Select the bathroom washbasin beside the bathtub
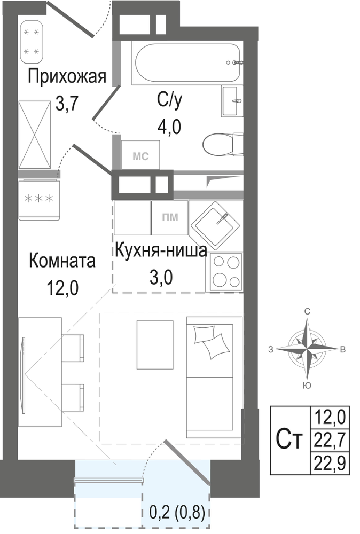233,101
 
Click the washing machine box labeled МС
140,155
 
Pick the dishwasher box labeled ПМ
170,218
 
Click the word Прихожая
67,77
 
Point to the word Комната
62,261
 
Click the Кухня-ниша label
161,251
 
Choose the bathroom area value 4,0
169,127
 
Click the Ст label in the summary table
289,441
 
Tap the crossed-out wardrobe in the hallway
35,135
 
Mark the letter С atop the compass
307,311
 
